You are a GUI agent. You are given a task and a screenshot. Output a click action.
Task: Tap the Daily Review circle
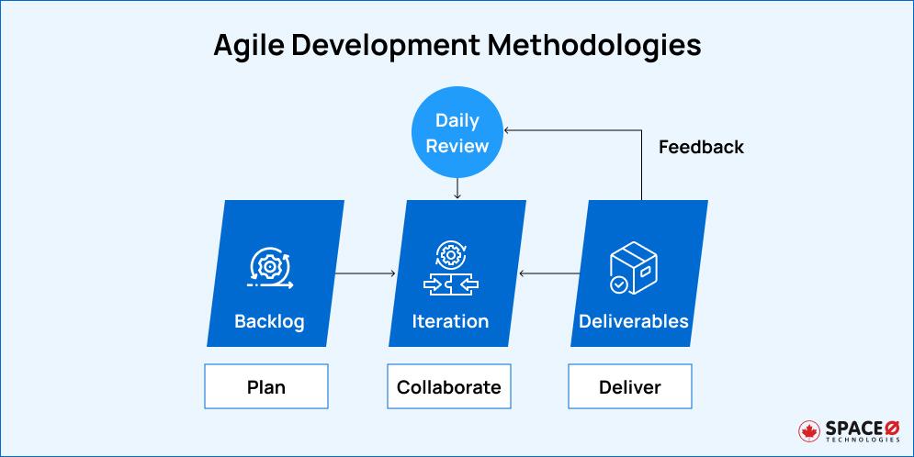tap(457, 134)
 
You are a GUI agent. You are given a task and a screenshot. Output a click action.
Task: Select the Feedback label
tap(701, 147)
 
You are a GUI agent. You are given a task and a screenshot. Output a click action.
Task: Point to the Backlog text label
tap(269, 321)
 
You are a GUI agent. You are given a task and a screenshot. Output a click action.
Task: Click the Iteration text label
tap(450, 321)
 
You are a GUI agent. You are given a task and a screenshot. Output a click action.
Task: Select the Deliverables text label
tap(633, 321)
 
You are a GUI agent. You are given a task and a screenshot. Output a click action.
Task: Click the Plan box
tap(266, 386)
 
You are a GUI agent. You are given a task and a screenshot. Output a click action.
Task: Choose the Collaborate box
tap(449, 386)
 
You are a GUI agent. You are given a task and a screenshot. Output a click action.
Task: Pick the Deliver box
tap(630, 386)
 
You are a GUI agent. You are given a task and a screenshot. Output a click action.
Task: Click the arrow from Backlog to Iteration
tap(365, 273)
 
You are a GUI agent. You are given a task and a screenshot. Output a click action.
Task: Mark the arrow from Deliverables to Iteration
tap(549, 273)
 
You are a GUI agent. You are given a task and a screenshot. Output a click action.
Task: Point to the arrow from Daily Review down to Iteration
tap(457, 188)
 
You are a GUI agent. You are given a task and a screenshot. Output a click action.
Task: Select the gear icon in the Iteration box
tap(449, 254)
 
